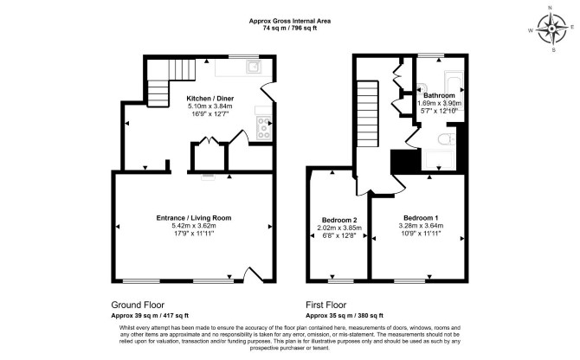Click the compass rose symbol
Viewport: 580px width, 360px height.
(552, 29)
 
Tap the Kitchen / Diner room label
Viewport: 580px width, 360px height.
(209, 99)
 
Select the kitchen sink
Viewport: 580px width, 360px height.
(254, 67)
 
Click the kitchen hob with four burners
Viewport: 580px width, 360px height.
(263, 128)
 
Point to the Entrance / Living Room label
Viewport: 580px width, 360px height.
(194, 218)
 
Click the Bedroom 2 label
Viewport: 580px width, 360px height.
(339, 220)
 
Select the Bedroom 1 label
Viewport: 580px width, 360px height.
(421, 218)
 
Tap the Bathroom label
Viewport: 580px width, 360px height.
(439, 95)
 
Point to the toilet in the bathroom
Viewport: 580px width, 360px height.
(446, 139)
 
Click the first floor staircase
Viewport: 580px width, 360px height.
(368, 114)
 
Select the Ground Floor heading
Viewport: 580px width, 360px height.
(138, 305)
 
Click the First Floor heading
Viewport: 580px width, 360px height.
(325, 305)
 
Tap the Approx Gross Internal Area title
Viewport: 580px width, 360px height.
(290, 21)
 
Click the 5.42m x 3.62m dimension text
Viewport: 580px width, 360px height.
(194, 226)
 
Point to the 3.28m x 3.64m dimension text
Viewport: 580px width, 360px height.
(421, 226)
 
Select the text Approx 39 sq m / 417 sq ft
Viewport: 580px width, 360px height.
(150, 316)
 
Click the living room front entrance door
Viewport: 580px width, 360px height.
(254, 275)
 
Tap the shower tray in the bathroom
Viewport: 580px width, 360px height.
(439, 160)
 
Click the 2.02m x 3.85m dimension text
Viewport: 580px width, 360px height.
(339, 228)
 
